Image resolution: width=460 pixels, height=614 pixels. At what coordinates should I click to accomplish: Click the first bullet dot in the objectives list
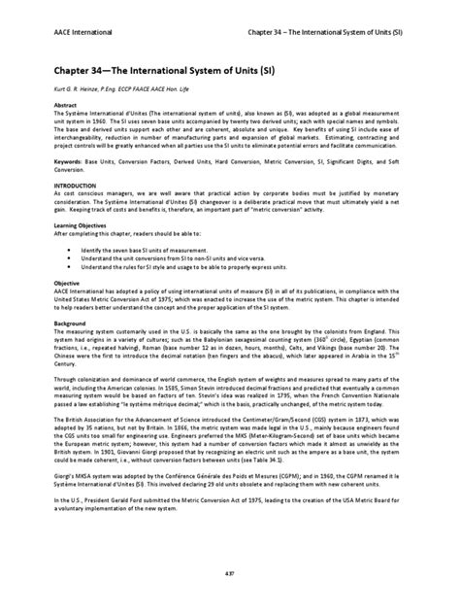point(70,248)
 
